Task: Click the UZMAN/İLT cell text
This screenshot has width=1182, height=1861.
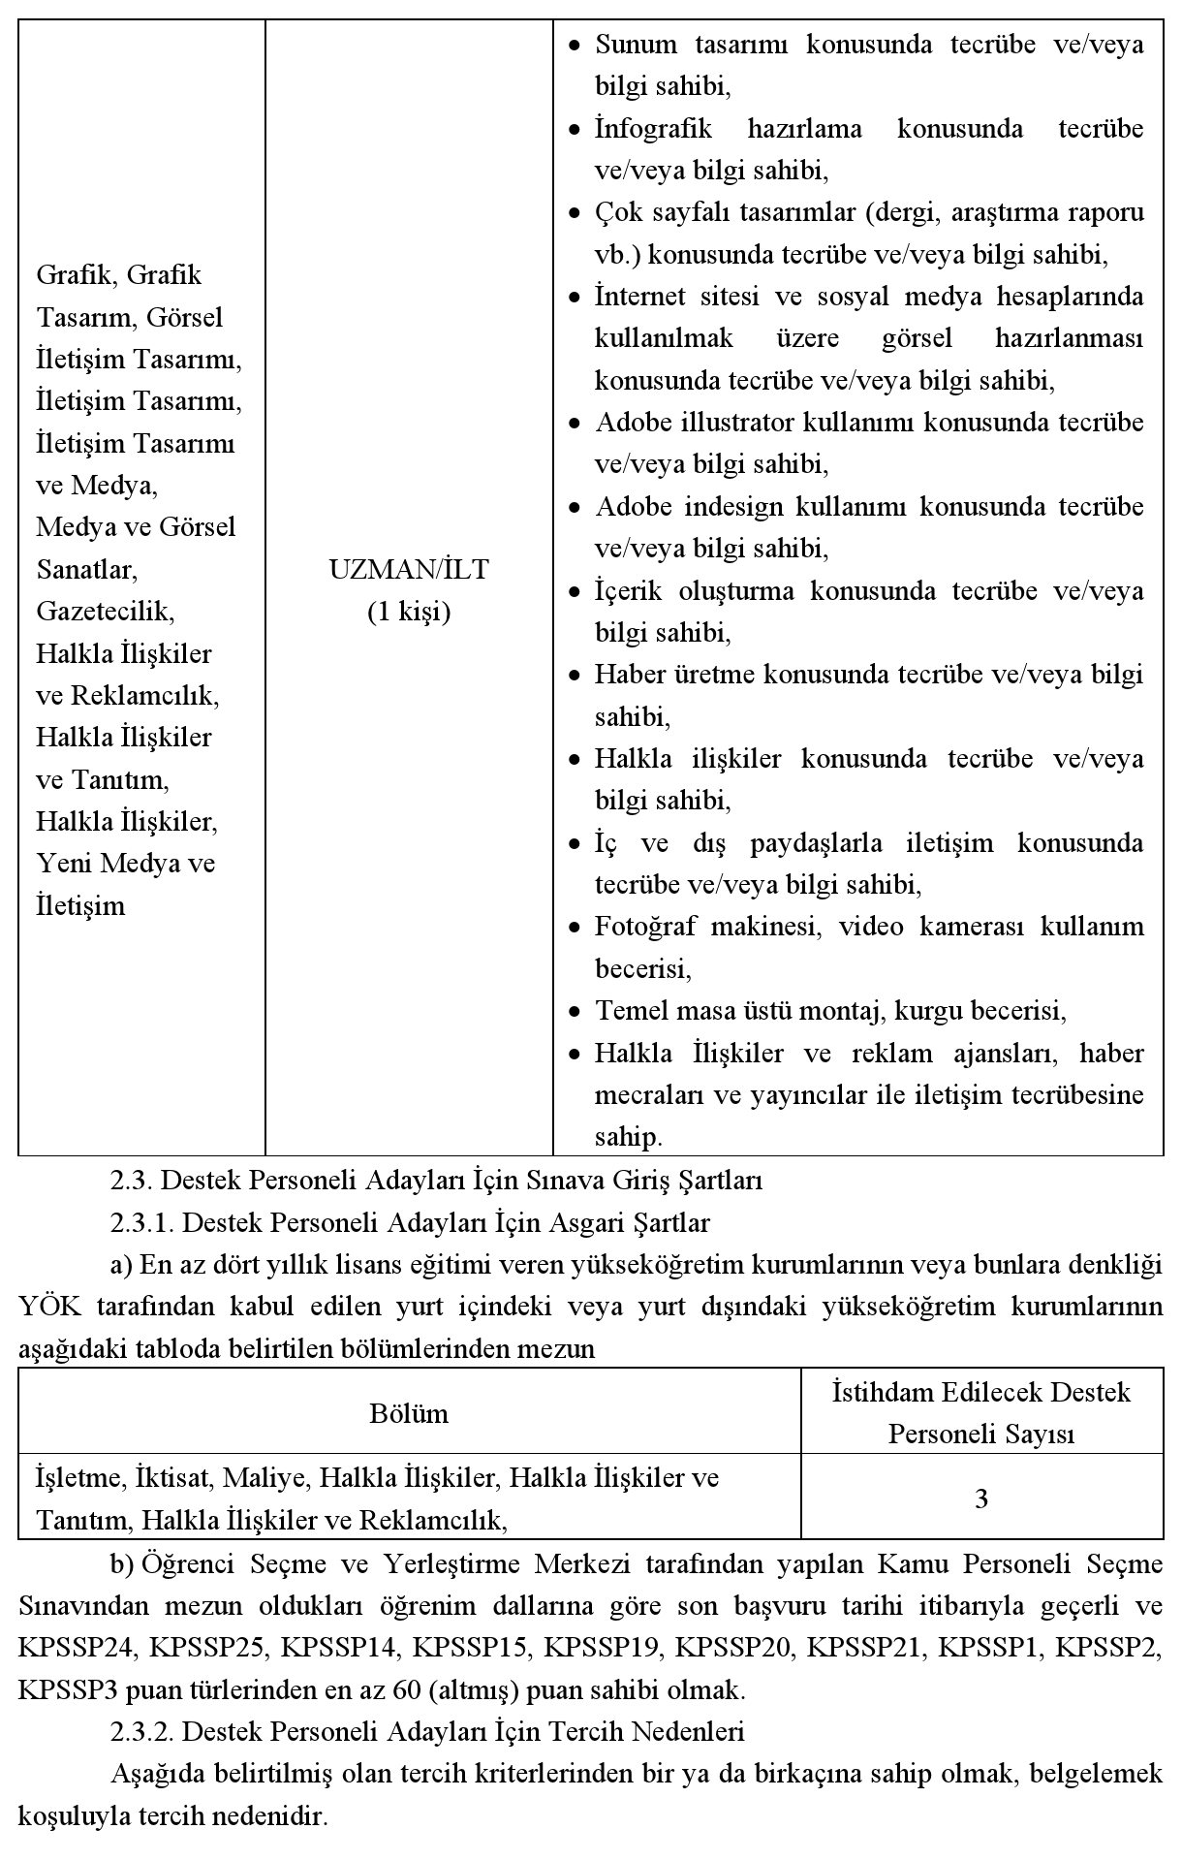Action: click(x=409, y=570)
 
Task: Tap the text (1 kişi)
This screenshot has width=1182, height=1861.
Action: click(x=409, y=612)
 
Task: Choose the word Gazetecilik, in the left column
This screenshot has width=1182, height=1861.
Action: click(x=105, y=612)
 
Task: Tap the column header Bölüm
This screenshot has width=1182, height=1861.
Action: click(x=409, y=1413)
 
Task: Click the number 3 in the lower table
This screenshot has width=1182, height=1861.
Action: click(x=980, y=1498)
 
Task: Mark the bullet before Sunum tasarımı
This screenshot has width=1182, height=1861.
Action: click(x=575, y=46)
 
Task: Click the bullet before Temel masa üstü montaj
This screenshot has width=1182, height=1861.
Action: click(x=575, y=1012)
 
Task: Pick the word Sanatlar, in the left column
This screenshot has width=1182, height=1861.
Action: click(x=86, y=570)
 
